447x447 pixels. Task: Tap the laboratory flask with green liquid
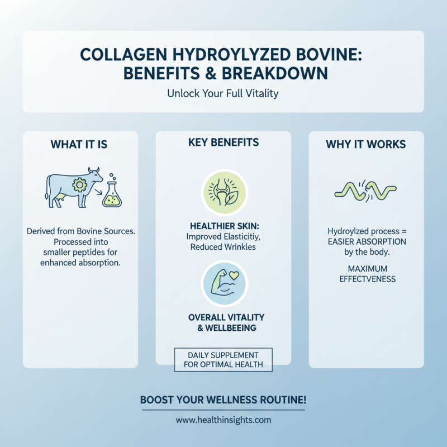112,196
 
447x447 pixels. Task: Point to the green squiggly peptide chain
365,191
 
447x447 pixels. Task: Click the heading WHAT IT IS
79,144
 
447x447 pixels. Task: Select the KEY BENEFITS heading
223,142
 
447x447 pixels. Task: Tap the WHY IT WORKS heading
366,144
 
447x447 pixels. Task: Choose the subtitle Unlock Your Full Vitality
223,93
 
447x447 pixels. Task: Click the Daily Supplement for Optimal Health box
223,360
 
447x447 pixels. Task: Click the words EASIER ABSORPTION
366,241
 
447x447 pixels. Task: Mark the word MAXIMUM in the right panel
366,269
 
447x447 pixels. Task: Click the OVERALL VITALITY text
223,317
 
